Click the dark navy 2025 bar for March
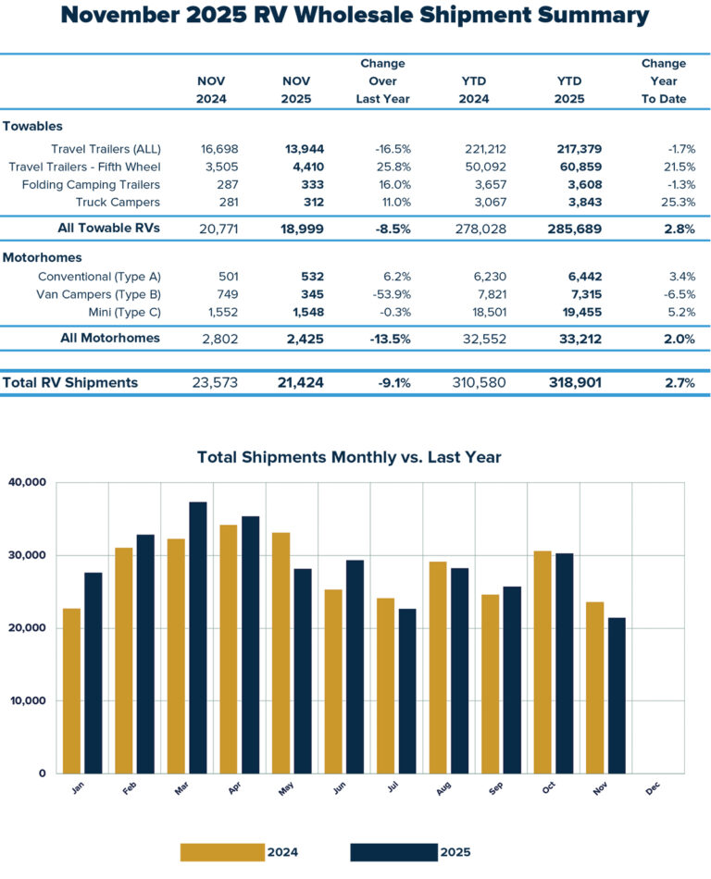click(198, 638)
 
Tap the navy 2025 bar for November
click(617, 695)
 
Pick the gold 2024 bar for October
click(543, 662)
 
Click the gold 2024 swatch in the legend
click(222, 852)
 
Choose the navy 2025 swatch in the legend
click(393, 852)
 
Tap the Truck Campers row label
click(119, 202)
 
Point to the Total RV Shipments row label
click(70, 383)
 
